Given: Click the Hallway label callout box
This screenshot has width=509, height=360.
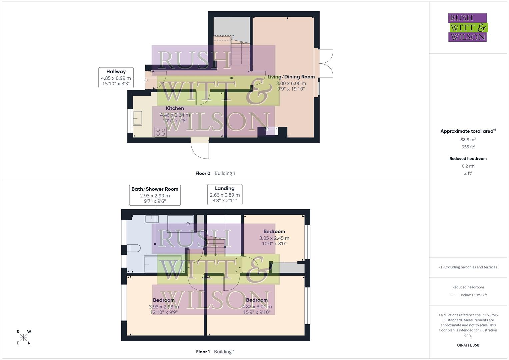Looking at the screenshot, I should pyautogui.click(x=116, y=78).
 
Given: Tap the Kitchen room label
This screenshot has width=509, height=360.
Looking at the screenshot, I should pyautogui.click(x=175, y=108).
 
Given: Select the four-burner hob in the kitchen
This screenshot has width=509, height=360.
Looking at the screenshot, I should pyautogui.click(x=160, y=132).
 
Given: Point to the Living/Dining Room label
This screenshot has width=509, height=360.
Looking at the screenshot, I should pyautogui.click(x=291, y=77).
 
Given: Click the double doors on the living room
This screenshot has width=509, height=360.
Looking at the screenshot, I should pyautogui.click(x=326, y=64).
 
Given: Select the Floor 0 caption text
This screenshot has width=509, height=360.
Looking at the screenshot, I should pyautogui.click(x=203, y=173).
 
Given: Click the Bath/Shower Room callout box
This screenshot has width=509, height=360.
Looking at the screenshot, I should pyautogui.click(x=155, y=195).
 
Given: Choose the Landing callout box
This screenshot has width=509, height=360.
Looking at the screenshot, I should pyautogui.click(x=225, y=194).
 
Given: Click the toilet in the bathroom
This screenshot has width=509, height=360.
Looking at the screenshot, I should pyautogui.click(x=134, y=248).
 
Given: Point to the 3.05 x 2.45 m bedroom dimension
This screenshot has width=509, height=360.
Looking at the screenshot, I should pyautogui.click(x=274, y=238).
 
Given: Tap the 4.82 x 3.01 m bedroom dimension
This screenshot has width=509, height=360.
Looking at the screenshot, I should pyautogui.click(x=257, y=307).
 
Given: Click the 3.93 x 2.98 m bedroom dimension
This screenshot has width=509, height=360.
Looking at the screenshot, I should pyautogui.click(x=164, y=307).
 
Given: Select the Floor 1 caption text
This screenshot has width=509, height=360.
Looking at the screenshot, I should pyautogui.click(x=203, y=352).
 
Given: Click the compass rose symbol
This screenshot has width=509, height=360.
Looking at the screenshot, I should pyautogui.click(x=23, y=337).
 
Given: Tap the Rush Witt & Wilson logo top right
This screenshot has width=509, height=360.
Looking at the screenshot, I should pyautogui.click(x=468, y=27).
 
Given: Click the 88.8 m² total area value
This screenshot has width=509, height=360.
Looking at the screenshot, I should pyautogui.click(x=468, y=140).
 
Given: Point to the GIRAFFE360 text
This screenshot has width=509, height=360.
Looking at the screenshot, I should pyautogui.click(x=468, y=345).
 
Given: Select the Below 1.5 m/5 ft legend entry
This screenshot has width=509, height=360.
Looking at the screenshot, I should pyautogui.click(x=468, y=295).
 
